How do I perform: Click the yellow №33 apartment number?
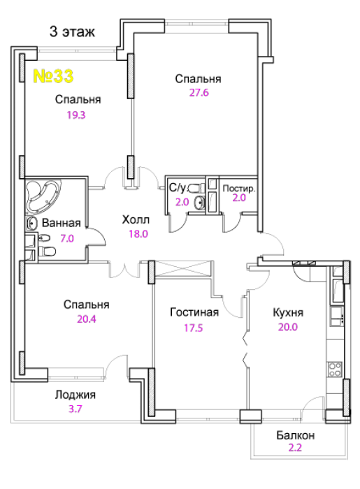[53, 76]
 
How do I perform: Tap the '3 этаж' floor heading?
[72, 32]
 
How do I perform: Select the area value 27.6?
[199, 93]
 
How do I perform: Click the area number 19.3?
[76, 115]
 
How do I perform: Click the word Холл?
[136, 220]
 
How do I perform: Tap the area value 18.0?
[138, 234]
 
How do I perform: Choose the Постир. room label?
[239, 189]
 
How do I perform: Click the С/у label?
[178, 188]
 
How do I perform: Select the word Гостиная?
[194, 312]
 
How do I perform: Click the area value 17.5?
[194, 328]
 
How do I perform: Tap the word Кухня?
[288, 312]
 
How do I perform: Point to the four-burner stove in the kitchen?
[335, 369]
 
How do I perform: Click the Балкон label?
[295, 435]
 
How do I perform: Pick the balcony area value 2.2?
[295, 448]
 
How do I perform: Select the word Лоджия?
[75, 395]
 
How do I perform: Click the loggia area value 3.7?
[75, 409]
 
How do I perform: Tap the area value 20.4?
[87, 319]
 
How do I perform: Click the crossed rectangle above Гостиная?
[183, 268]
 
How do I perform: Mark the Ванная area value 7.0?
[67, 239]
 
